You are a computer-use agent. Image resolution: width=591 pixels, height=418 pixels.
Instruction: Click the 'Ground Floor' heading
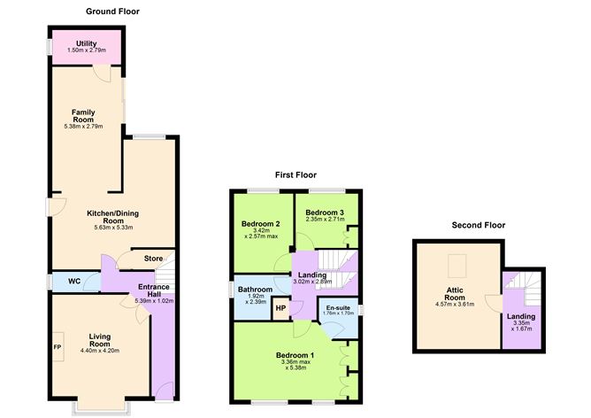click(x=112, y=12)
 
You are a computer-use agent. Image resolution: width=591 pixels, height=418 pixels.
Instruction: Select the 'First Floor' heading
click(x=295, y=175)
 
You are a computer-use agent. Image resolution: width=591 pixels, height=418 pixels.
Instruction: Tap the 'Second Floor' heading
click(x=478, y=225)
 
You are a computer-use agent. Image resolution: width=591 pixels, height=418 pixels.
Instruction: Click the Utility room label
click(x=86, y=43)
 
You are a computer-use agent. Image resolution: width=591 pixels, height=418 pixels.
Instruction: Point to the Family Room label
click(x=84, y=116)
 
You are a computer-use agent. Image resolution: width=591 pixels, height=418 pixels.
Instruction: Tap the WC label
click(x=74, y=282)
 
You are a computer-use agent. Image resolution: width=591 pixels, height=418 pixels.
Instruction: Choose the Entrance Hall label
click(x=153, y=292)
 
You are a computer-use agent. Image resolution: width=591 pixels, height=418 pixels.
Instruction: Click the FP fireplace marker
click(x=58, y=347)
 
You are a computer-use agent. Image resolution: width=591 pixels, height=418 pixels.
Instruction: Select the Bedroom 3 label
click(x=325, y=213)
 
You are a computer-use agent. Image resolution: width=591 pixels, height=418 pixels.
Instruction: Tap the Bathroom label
click(x=255, y=290)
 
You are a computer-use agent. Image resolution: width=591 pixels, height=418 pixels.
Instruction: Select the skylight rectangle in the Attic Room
click(x=457, y=263)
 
